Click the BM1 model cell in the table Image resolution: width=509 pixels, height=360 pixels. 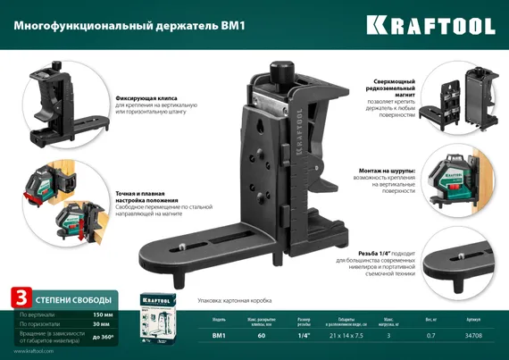pyautogui.click(x=219, y=336)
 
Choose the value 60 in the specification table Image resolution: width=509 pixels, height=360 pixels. pyautogui.click(x=262, y=336)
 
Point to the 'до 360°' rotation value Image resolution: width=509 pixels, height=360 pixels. pyautogui.click(x=102, y=338)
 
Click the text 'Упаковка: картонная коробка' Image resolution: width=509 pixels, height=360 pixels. pyautogui.click(x=228, y=300)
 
